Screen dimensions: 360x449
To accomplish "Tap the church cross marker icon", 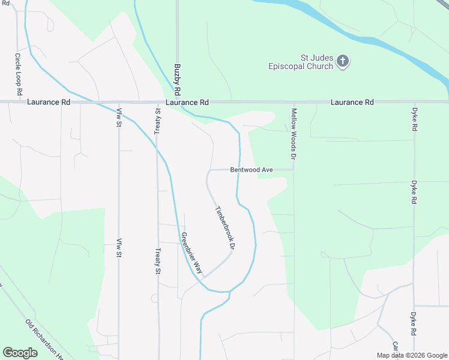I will point(343,61).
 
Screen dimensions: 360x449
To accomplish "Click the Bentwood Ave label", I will point(252,170).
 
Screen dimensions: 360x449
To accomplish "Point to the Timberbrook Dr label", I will point(224,229).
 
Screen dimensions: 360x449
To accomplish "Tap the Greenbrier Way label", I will point(192,253).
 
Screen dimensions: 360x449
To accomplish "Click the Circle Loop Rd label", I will point(18,75).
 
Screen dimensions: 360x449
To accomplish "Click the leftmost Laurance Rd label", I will point(49,103).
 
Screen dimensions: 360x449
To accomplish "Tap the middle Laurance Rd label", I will point(187,103).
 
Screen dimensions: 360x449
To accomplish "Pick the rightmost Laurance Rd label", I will point(352,103).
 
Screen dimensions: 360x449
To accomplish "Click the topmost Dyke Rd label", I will point(414,119).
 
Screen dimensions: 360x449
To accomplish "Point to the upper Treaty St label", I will point(158,122).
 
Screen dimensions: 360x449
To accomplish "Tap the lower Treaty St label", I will point(158,262).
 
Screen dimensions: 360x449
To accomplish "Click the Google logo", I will point(20,353).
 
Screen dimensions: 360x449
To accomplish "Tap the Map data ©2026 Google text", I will point(411,355).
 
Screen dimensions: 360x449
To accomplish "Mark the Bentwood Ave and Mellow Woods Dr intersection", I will point(294,170).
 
